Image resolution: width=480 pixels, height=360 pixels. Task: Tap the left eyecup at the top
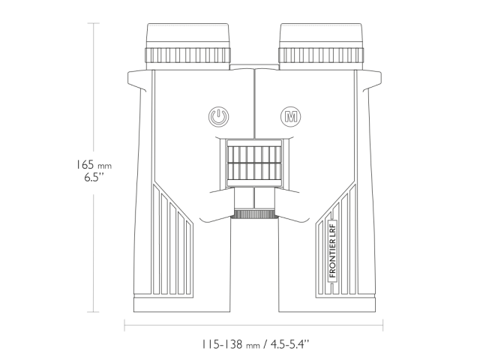pyautogui.click(x=187, y=35)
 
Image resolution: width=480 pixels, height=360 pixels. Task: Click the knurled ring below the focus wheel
pyautogui.click(x=254, y=214)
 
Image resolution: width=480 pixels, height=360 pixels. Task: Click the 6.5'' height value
pyautogui.click(x=92, y=178)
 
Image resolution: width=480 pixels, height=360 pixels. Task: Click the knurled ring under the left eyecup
pyautogui.click(x=187, y=56)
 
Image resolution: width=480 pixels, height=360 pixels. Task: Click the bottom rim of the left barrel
pyautogui.click(x=181, y=306)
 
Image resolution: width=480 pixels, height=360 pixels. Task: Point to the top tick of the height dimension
pyautogui.click(x=94, y=22)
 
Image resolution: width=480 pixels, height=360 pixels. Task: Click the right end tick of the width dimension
pyautogui.click(x=383, y=325)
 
